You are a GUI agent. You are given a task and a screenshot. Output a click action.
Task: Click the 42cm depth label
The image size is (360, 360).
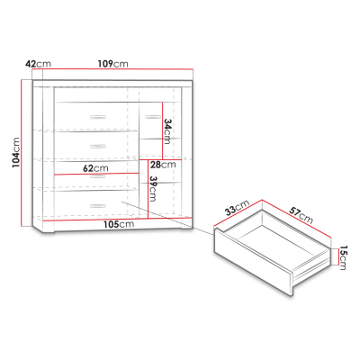[39, 64]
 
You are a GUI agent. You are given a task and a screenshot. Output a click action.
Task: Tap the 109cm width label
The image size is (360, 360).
[112, 64]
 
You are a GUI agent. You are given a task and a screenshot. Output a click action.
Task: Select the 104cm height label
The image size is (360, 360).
[16, 153]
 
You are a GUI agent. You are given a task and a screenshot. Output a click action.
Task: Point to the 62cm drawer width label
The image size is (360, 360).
[95, 168]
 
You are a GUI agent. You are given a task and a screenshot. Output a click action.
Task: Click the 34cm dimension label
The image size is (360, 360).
[167, 131]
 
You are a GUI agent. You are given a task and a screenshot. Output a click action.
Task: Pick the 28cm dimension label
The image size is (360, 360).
[163, 165]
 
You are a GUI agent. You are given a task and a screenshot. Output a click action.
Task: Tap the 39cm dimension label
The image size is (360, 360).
[153, 188]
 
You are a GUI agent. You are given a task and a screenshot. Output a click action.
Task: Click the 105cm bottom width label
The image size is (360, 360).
[119, 224]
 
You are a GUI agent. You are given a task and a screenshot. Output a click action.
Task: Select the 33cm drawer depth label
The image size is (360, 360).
[238, 208]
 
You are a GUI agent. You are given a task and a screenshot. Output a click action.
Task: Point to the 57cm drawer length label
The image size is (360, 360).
[301, 214]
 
